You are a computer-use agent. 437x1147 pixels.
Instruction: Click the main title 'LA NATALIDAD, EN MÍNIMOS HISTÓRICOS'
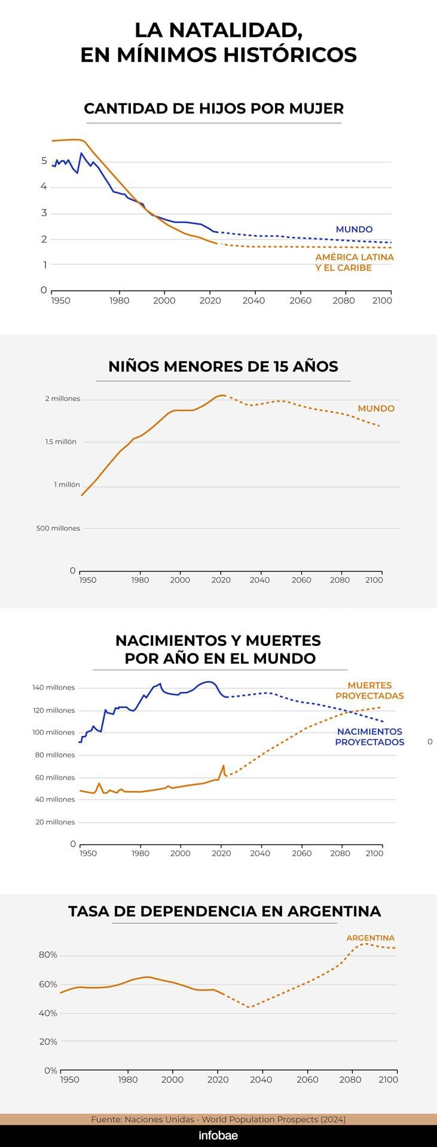tap(218, 42)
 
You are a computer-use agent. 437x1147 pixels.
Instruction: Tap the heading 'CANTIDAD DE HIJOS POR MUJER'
tap(213, 109)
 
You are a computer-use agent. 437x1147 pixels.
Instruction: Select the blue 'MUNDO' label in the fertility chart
tap(354, 229)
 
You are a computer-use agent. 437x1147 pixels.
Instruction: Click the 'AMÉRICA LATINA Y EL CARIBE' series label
tap(355, 262)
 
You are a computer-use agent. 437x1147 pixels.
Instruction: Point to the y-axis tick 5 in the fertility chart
tap(44, 161)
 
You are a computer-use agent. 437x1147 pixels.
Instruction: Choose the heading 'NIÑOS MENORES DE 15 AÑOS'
tap(223, 367)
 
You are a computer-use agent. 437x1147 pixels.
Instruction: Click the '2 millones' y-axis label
tap(62, 398)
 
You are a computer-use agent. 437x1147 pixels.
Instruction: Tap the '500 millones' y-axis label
tap(58, 528)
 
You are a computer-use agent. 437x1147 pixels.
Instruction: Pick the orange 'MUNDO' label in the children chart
tap(376, 409)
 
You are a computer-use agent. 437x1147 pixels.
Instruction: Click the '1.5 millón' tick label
tap(61, 441)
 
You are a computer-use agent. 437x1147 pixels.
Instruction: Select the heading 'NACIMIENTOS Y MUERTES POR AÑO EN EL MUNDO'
tap(218, 649)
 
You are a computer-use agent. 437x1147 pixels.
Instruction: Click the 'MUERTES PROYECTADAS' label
tap(369, 691)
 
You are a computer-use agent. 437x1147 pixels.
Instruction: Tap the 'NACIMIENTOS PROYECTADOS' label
tap(369, 737)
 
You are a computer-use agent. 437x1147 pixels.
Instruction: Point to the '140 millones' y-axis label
tap(54, 688)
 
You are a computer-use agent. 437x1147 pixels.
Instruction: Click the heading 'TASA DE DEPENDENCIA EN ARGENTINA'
tap(224, 912)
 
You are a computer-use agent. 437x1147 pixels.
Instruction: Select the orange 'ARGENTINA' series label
tap(371, 938)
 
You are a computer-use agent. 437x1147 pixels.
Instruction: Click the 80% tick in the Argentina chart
tap(48, 955)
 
